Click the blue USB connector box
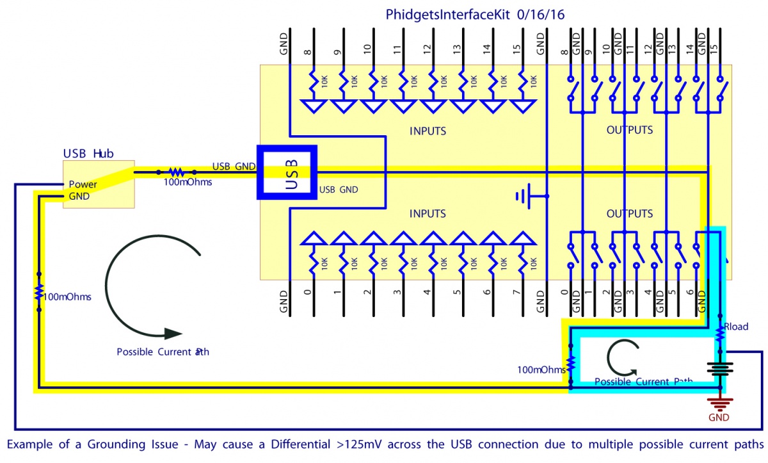click(x=287, y=171)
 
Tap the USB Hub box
click(x=99, y=184)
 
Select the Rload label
click(x=736, y=327)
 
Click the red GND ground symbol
click(x=719, y=404)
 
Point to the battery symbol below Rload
click(x=719, y=370)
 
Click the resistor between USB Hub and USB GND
click(x=175, y=172)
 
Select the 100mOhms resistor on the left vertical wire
click(x=38, y=293)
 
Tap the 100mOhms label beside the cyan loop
click(x=541, y=370)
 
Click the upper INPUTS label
click(x=428, y=131)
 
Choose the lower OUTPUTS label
click(x=629, y=213)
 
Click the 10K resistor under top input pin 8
click(x=314, y=82)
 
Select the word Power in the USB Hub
click(x=83, y=184)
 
